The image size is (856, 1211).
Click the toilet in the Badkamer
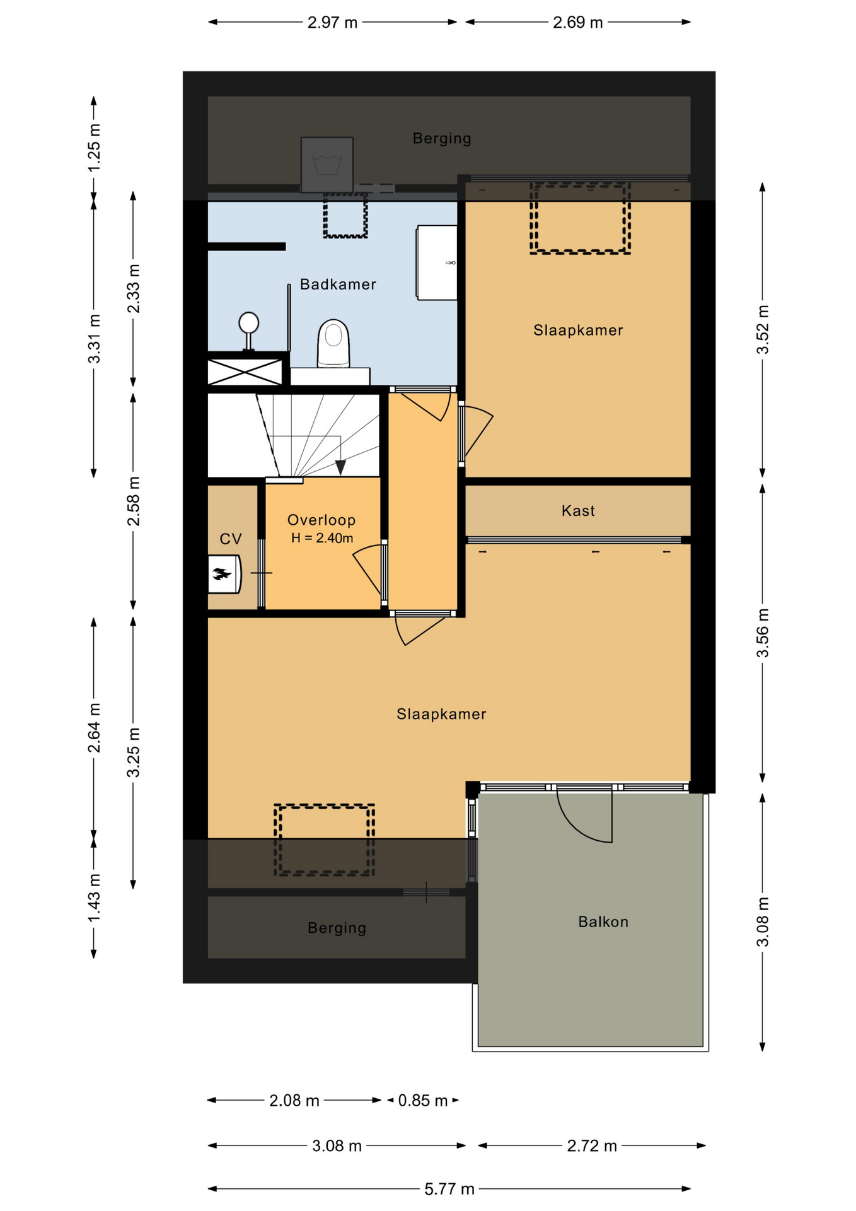pos(333,343)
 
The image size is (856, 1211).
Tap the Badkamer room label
pos(338,284)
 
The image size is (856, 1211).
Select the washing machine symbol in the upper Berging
pos(327,165)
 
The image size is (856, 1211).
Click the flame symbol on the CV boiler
pos(222,574)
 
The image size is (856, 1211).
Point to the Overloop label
pos(321,520)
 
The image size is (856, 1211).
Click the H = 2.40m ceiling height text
pos(322,538)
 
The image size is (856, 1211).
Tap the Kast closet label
pos(578,510)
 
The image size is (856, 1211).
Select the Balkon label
pos(603,921)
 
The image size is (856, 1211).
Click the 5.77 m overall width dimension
pos(449,1189)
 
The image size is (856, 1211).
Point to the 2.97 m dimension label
pos(332,23)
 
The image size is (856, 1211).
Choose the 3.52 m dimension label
pos(763,329)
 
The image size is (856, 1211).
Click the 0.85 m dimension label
pos(422,1101)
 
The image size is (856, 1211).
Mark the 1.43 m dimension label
pos(94,898)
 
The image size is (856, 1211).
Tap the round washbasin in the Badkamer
pos(249,323)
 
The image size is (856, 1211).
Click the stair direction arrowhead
pos(340,467)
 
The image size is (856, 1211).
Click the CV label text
pos(231,539)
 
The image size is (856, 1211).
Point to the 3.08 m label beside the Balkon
pos(763,921)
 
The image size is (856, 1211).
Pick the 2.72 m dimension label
pos(592,1145)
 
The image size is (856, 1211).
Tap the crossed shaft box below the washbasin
pos(245,371)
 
